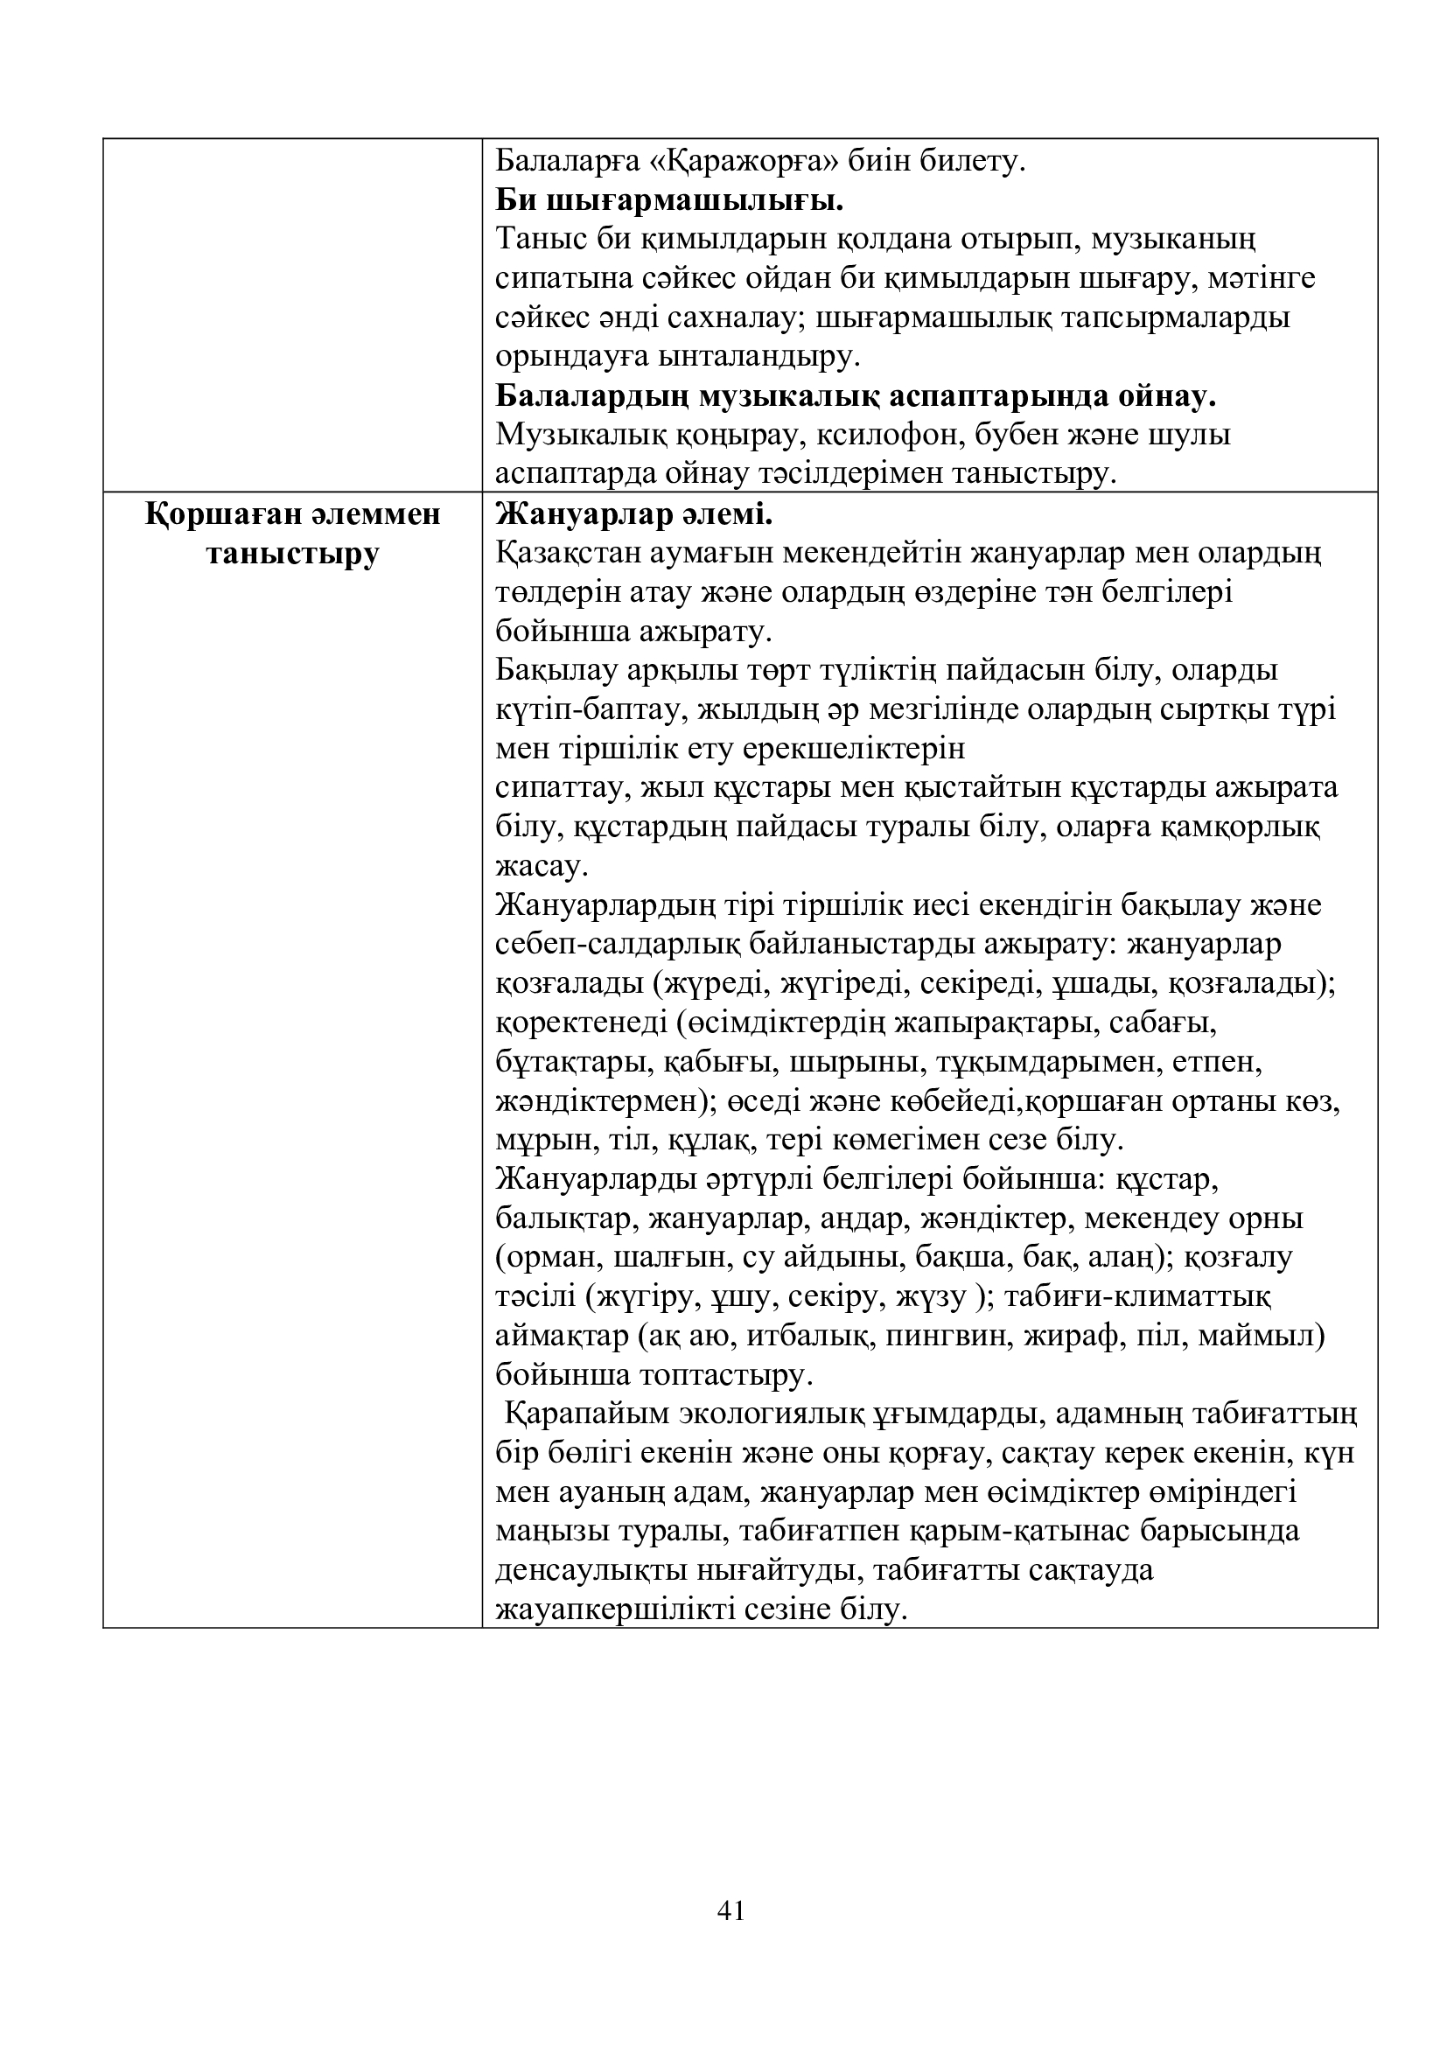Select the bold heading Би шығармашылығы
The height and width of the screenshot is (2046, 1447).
point(669,200)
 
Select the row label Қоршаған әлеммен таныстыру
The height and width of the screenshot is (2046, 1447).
point(293,534)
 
